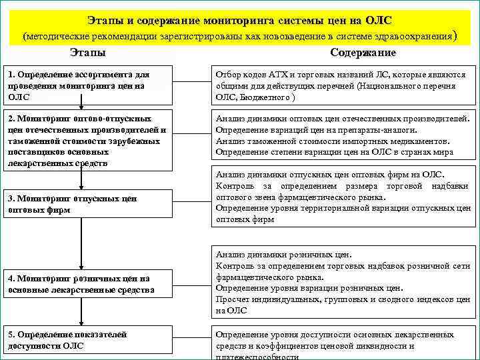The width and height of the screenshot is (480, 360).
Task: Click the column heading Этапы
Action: tap(87, 53)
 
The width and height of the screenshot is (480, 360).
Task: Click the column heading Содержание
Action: tap(363, 53)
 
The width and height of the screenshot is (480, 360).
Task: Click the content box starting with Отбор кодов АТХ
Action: tap(344, 85)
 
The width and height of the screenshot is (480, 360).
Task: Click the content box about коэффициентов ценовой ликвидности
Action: tap(344, 344)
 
